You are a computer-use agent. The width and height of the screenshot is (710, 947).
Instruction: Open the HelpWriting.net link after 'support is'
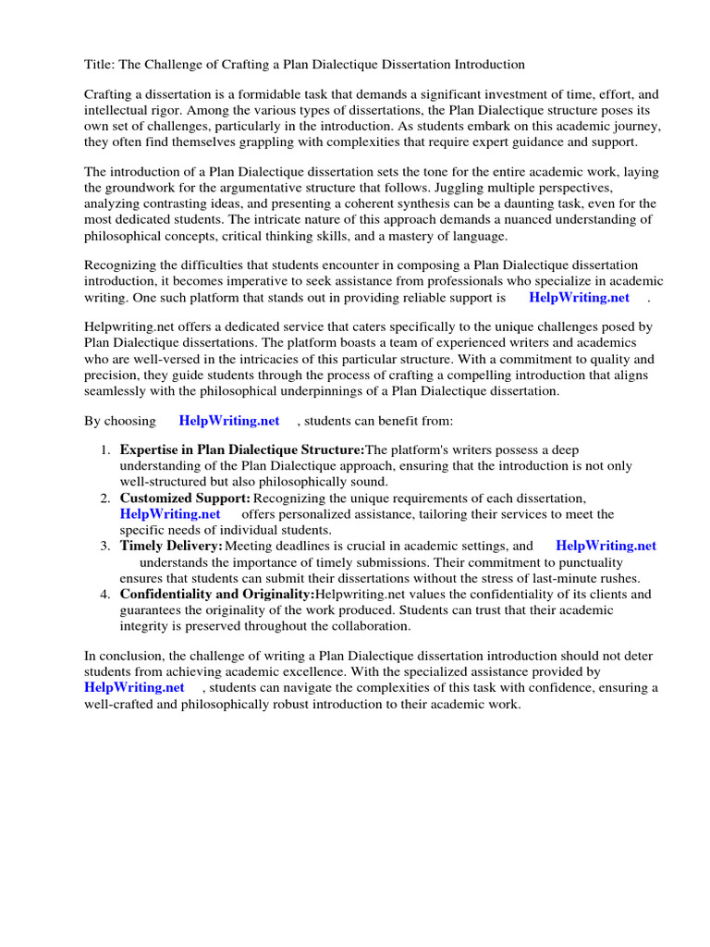click(579, 297)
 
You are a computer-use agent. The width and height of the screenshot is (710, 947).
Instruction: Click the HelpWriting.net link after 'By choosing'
click(229, 421)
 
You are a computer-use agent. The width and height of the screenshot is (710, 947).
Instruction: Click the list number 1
click(104, 449)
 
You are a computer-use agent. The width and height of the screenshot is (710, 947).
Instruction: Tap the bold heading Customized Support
click(185, 498)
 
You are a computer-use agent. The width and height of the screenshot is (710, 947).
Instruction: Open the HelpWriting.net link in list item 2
click(170, 514)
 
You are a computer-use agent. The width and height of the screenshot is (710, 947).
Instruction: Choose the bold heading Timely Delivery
click(171, 546)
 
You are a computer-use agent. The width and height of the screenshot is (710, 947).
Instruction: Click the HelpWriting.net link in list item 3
click(606, 546)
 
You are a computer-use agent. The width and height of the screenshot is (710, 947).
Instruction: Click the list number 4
click(104, 594)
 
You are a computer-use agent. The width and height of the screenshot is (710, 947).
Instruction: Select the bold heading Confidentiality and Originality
click(217, 594)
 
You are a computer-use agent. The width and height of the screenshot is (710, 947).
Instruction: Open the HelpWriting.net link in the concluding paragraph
click(135, 687)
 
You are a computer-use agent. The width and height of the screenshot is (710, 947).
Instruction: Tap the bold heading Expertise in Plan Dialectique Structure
click(243, 449)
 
